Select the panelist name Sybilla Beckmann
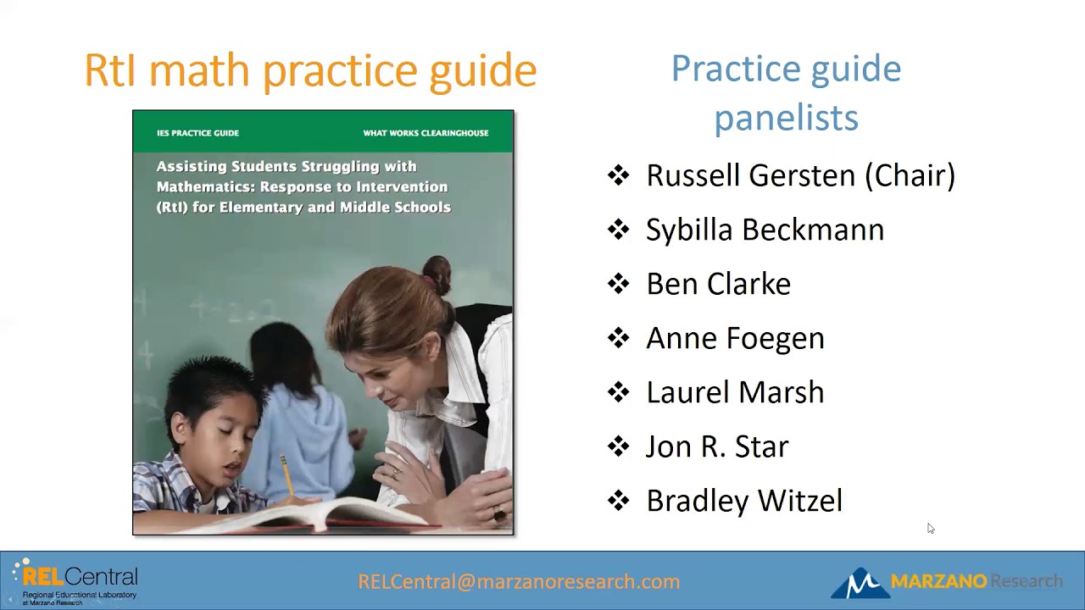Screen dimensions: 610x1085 (765, 230)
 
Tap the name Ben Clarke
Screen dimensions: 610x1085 (718, 284)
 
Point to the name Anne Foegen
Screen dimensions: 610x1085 (735, 338)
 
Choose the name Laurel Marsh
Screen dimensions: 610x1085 (735, 392)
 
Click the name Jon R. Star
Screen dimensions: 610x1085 (717, 446)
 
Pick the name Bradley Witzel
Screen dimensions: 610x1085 (744, 501)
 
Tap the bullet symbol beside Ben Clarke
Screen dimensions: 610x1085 (619, 284)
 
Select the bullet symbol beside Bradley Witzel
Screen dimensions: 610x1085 (619, 501)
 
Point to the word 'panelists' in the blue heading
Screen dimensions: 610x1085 (786, 117)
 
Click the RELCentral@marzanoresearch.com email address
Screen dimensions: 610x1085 (519, 581)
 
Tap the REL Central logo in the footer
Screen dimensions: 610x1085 (76, 581)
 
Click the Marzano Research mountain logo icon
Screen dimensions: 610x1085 (859, 583)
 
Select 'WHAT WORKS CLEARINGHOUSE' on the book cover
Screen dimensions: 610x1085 (426, 133)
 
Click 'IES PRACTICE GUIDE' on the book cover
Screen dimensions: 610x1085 (198, 133)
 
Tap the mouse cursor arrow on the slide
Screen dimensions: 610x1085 (930, 528)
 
